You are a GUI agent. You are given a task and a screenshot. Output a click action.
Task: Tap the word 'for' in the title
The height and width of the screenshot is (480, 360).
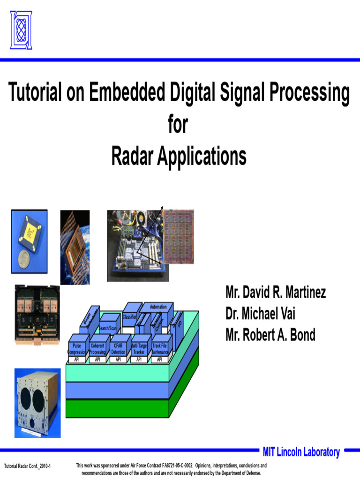[x=178, y=125]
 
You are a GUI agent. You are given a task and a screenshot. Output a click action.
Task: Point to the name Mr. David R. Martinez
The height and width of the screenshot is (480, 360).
[x=276, y=293]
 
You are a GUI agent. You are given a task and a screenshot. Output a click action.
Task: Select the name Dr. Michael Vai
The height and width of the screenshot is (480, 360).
[x=260, y=314]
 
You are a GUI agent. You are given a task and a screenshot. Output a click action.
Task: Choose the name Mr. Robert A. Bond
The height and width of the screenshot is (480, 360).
[x=270, y=335]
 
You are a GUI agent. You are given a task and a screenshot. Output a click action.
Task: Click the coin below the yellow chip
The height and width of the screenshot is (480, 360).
[x=24, y=259]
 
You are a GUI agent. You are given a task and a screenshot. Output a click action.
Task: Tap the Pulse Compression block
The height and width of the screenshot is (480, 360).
[x=77, y=348]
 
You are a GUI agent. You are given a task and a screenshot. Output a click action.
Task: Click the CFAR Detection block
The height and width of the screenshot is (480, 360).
[x=118, y=348]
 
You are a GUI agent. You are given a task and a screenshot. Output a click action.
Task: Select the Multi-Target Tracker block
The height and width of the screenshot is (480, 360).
[x=139, y=348]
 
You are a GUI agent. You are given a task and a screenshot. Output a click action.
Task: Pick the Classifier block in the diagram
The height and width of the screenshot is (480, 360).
[x=129, y=317]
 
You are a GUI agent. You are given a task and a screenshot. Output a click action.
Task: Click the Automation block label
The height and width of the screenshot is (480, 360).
[x=158, y=307]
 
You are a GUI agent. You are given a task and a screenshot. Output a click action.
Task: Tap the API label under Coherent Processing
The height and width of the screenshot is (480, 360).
[x=97, y=360]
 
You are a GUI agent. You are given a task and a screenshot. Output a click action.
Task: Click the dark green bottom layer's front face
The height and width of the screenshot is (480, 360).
[x=117, y=408]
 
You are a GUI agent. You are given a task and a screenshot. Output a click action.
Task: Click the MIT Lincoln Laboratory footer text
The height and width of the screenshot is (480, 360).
[x=301, y=452]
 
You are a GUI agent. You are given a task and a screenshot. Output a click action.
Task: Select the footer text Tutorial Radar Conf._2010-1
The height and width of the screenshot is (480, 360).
[x=27, y=466]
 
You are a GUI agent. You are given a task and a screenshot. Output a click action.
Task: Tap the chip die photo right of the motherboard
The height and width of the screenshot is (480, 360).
[x=181, y=236]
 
